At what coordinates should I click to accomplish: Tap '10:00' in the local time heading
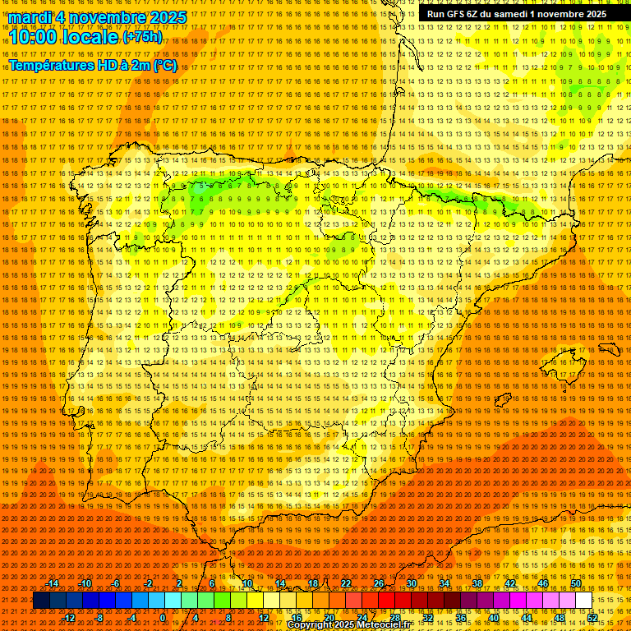(31, 37)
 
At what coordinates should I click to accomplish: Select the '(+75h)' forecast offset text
(142, 37)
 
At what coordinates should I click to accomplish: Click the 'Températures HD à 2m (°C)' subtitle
(92, 65)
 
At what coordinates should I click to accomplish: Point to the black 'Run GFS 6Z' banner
(517, 14)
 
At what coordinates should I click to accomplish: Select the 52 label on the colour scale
(592, 618)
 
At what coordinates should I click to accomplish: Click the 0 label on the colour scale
(164, 618)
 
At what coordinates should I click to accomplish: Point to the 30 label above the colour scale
(411, 583)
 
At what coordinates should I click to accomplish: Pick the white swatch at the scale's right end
(583, 601)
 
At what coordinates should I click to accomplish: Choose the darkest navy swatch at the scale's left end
(41, 601)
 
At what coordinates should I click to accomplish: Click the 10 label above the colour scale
(246, 583)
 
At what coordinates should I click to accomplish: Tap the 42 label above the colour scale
(509, 583)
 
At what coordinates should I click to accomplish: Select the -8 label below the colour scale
(100, 618)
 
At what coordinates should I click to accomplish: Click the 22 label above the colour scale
(345, 583)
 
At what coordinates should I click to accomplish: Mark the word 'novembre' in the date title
(101, 17)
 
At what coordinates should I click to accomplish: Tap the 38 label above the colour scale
(477, 583)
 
